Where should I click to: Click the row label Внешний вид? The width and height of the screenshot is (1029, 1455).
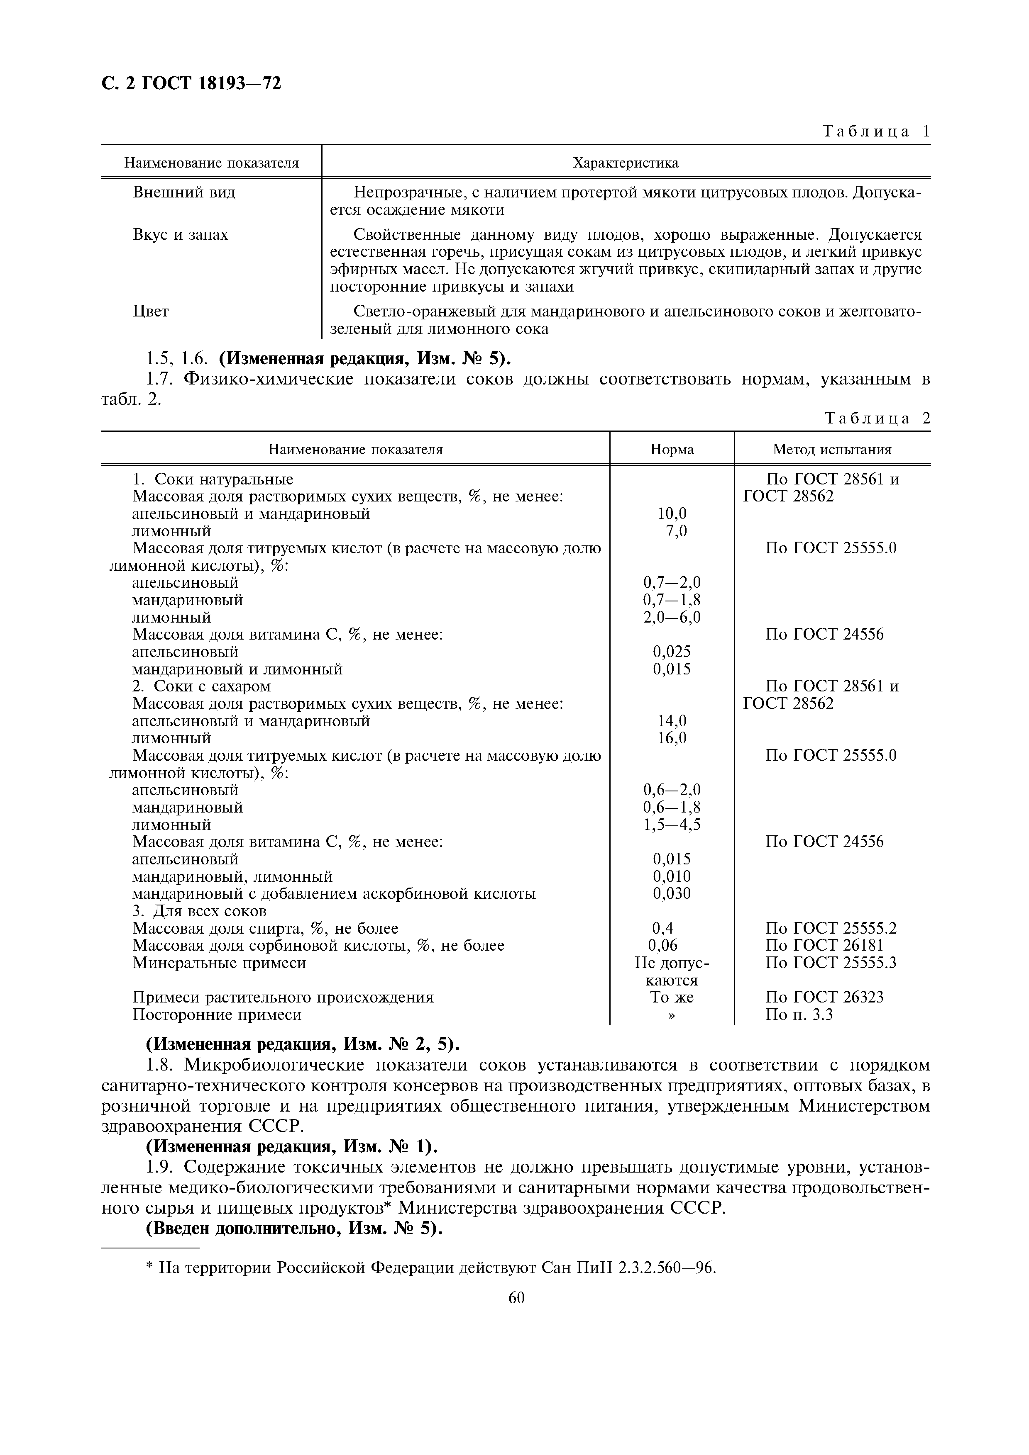click(x=184, y=192)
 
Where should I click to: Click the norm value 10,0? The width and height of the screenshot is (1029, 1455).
click(x=672, y=514)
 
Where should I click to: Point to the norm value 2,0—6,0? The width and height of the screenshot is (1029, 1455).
click(x=672, y=617)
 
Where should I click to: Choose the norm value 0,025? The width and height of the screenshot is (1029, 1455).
click(x=672, y=652)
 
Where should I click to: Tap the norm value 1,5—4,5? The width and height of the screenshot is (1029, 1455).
click(x=672, y=825)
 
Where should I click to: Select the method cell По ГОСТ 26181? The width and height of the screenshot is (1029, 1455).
click(x=824, y=946)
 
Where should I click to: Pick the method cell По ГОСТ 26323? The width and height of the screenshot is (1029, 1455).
click(x=824, y=998)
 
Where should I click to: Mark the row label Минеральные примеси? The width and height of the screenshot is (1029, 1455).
click(x=219, y=963)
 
